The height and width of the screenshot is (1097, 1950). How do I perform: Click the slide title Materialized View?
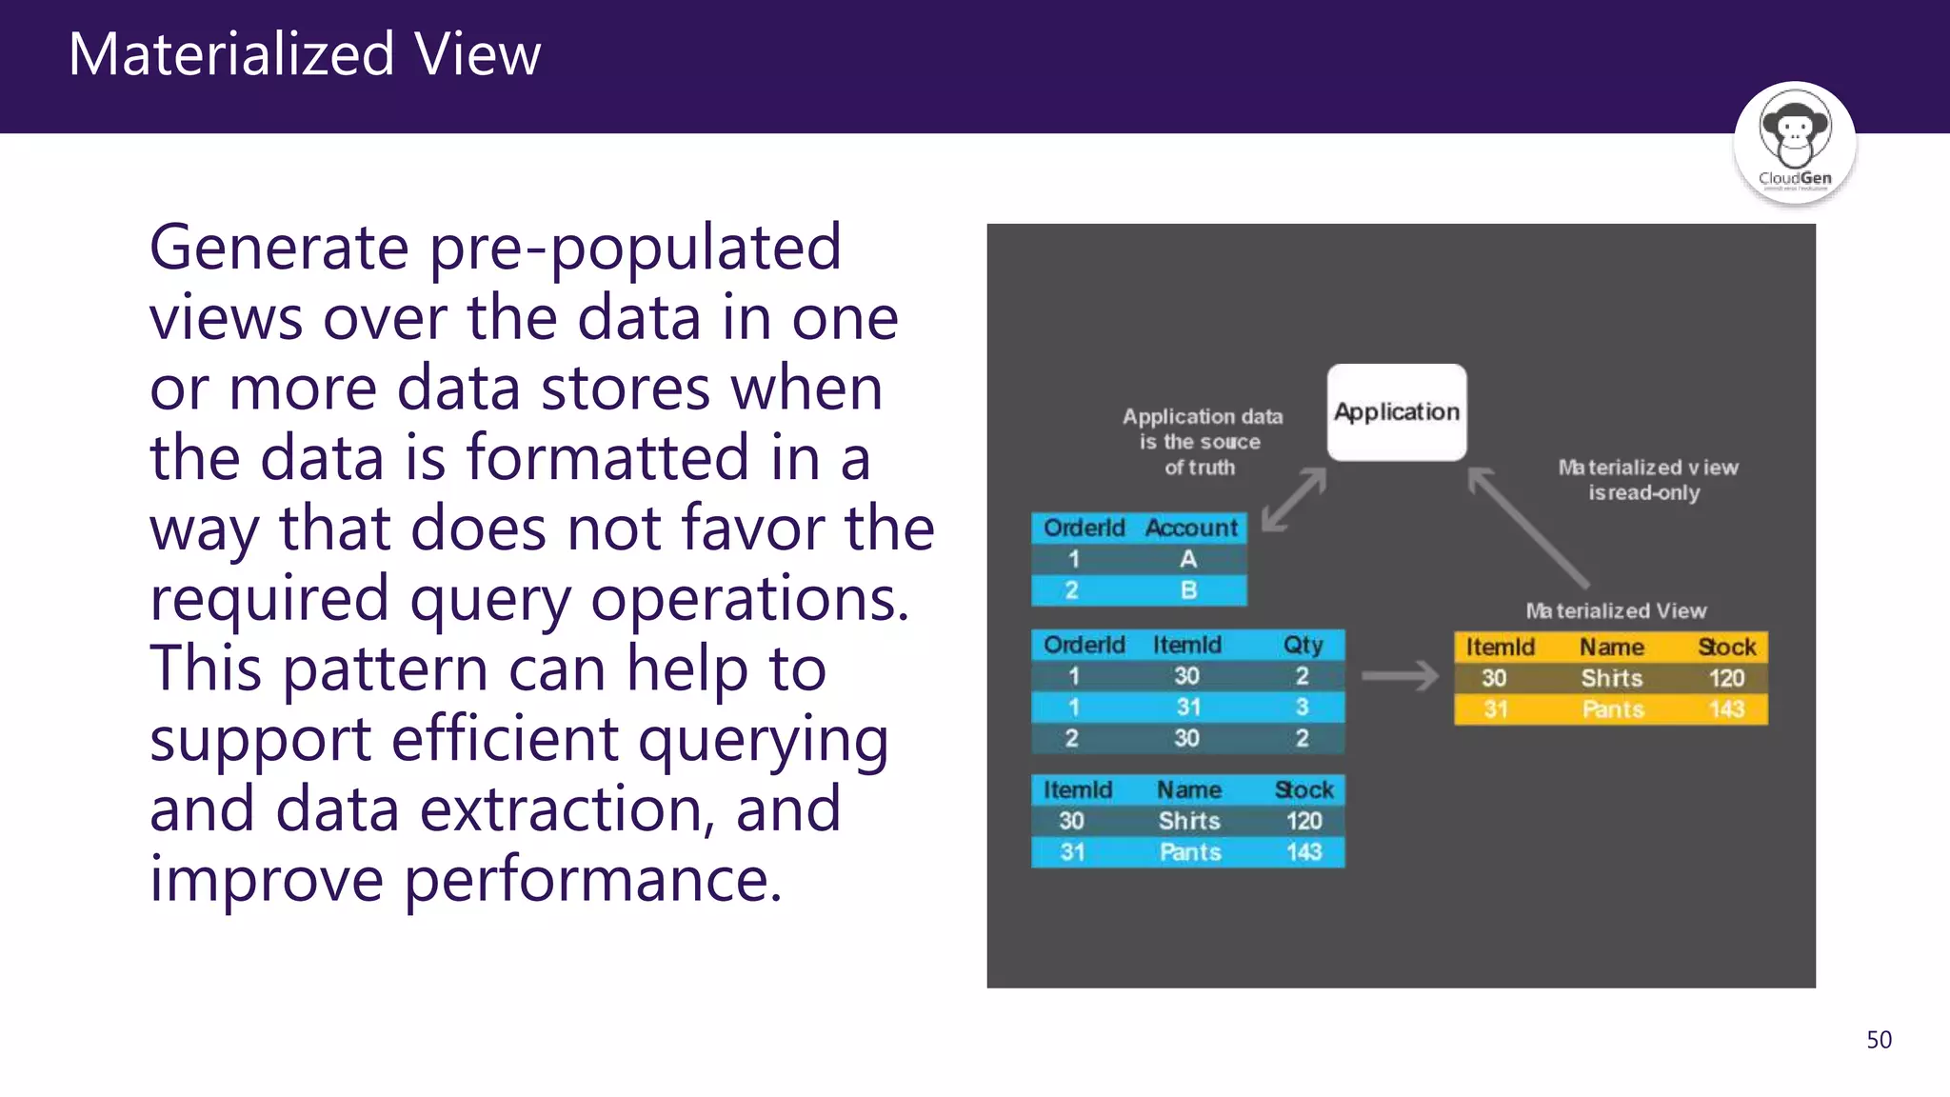pyautogui.click(x=305, y=54)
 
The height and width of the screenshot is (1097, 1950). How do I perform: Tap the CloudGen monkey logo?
pyautogui.click(x=1794, y=143)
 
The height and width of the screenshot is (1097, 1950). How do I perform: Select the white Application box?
pyautogui.click(x=1397, y=412)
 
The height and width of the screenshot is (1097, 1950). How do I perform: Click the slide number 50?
pyautogui.click(x=1879, y=1040)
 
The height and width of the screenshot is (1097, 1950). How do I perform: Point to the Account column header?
pyautogui.click(x=1191, y=528)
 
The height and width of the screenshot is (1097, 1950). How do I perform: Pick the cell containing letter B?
pyautogui.click(x=1188, y=590)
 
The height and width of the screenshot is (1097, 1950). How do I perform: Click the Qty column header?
pyautogui.click(x=1303, y=646)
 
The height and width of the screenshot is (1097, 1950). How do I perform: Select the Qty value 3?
pyautogui.click(x=1302, y=708)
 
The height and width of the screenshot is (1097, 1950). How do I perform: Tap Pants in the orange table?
pyautogui.click(x=1613, y=709)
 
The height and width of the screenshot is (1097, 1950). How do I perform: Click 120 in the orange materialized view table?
pyautogui.click(x=1726, y=678)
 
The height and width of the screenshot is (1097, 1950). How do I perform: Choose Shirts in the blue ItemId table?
pyautogui.click(x=1189, y=821)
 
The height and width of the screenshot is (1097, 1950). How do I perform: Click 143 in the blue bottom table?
pyautogui.click(x=1303, y=852)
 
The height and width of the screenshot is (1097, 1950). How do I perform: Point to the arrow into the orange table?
pyautogui.click(x=1400, y=676)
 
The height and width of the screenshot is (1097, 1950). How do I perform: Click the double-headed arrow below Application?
pyautogui.click(x=1294, y=500)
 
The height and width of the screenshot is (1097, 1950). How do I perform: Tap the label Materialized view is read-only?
pyautogui.click(x=1647, y=480)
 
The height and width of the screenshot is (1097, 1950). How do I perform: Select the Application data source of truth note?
pyautogui.click(x=1202, y=442)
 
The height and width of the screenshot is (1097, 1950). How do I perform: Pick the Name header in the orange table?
pyautogui.click(x=1612, y=648)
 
